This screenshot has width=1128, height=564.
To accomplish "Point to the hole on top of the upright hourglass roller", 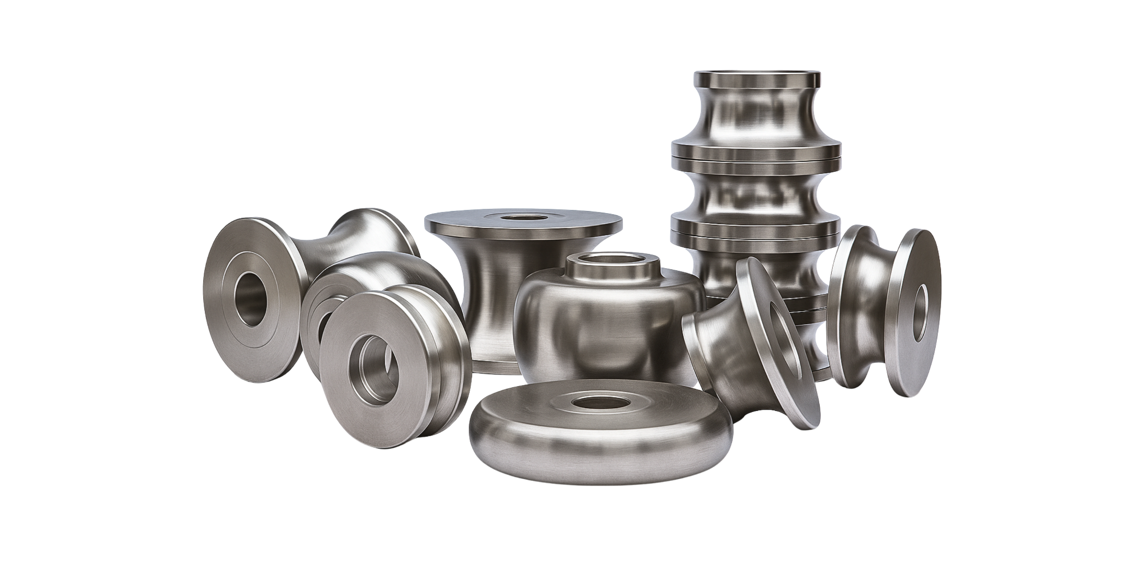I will tap(523, 217).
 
